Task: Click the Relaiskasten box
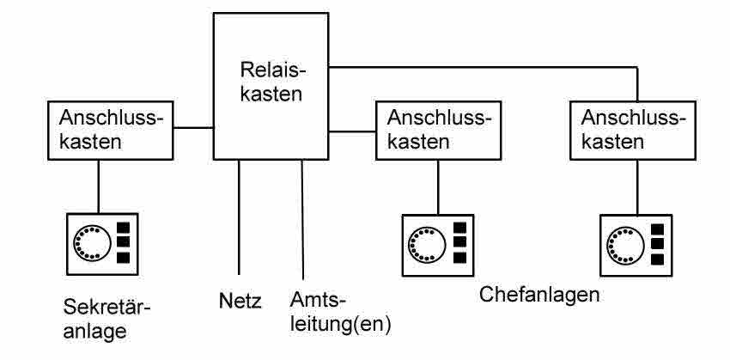tap(271, 86)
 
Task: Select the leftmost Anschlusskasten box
tap(111, 130)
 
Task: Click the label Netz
tap(240, 302)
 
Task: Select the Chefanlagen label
tap(538, 295)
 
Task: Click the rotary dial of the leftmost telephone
tap(90, 241)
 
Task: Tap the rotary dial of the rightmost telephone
tap(624, 243)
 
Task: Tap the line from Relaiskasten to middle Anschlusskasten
tap(353, 131)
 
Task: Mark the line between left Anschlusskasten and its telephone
tap(99, 184)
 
